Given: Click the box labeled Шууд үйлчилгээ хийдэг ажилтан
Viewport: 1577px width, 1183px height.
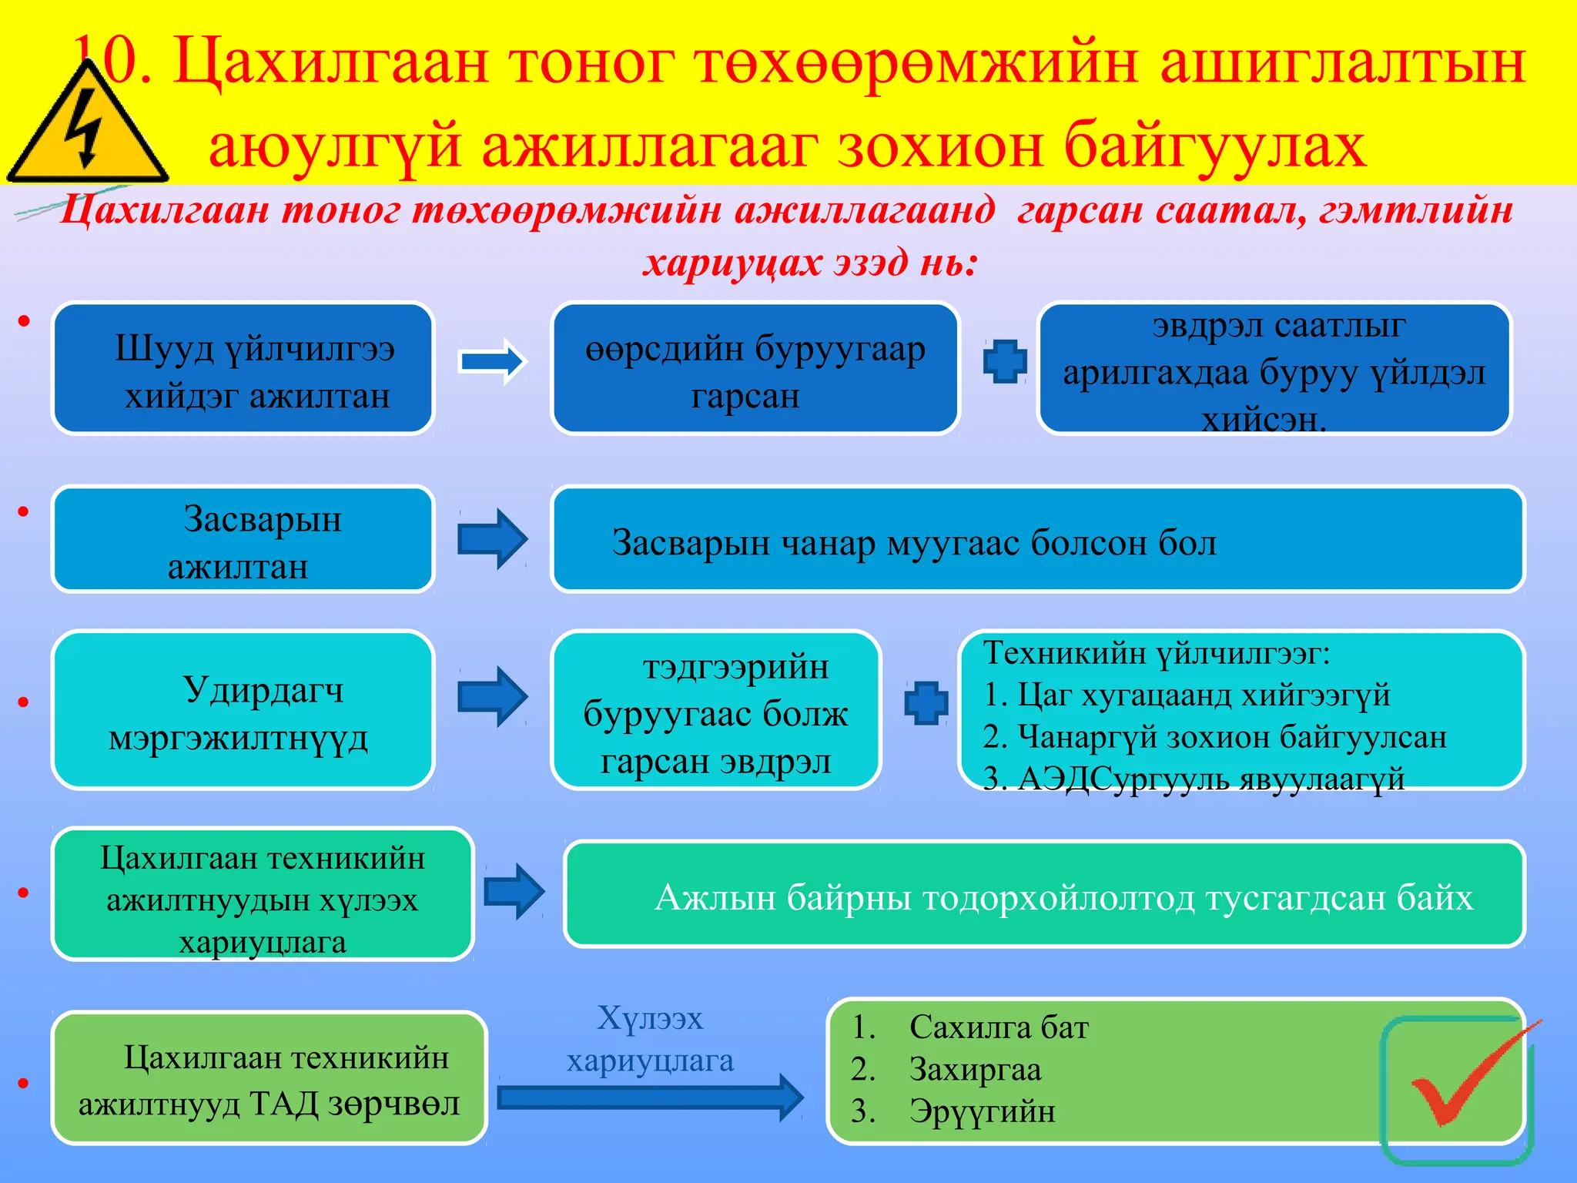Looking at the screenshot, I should pos(243,369).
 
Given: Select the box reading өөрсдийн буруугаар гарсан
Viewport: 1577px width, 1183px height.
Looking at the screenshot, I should pos(755,369).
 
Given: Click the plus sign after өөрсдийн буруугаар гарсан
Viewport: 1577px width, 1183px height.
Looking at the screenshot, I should pos(1005,361).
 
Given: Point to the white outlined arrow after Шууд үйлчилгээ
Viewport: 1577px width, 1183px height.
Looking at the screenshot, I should pos(491,361).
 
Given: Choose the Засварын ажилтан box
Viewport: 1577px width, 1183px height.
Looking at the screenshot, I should pos(243,539).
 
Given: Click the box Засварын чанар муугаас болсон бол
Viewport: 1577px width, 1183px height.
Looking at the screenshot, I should pos(1036,539).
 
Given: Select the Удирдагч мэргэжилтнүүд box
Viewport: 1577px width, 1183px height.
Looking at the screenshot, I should pos(243,710).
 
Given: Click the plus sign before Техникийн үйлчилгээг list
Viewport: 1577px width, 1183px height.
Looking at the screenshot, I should pos(926,702).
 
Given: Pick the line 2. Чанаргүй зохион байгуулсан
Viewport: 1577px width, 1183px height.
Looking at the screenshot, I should pos(1214,737).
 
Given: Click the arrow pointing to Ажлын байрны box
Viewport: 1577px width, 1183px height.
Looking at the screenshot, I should pos(514,892).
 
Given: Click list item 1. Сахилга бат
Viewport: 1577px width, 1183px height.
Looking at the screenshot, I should pos(999,1027).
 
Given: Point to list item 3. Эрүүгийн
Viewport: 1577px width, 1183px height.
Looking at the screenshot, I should pos(982,1111).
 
